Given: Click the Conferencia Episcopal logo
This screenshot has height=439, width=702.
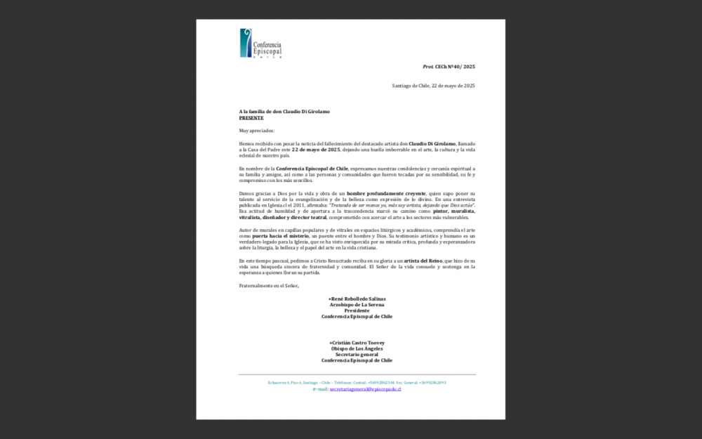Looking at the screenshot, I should coord(260,44).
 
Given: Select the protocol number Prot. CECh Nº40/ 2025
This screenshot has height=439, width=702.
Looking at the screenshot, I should coord(449,67).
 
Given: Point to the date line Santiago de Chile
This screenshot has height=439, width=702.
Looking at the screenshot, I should coord(433,86).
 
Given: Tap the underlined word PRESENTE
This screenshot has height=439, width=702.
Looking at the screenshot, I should coord(251,118).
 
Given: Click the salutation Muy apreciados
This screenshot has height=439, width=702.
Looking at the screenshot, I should coord(257,131).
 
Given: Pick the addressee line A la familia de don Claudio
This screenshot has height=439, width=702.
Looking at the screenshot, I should coord(284,112).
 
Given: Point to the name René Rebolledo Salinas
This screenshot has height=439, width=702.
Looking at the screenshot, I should coord(357,299).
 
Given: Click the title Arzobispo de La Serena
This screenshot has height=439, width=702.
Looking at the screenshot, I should coord(357,305).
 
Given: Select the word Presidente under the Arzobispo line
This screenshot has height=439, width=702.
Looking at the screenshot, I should coord(357,310).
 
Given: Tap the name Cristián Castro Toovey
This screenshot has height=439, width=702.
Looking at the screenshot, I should coord(357,343).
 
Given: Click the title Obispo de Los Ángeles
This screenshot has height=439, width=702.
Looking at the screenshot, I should coord(357,348).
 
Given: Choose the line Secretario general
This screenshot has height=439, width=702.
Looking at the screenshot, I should coord(357,354).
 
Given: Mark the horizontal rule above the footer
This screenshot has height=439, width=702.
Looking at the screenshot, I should coord(357,374).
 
